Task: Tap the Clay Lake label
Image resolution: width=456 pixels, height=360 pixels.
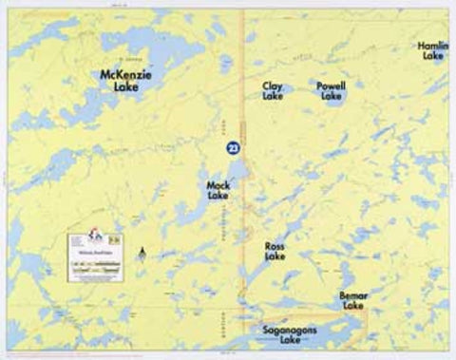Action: pyautogui.click(x=273, y=91)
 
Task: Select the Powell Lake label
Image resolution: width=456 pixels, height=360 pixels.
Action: pyautogui.click(x=332, y=91)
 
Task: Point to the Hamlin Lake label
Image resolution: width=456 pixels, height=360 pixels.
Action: pyautogui.click(x=432, y=50)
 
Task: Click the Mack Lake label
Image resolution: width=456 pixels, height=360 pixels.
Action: pyautogui.click(x=218, y=190)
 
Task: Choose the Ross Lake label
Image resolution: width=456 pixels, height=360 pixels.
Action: pyautogui.click(x=275, y=251)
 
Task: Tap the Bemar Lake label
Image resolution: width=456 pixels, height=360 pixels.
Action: pyautogui.click(x=352, y=301)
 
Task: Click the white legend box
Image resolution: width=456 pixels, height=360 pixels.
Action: pyautogui.click(x=94, y=255)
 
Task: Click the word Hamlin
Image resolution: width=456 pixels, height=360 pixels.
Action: pyautogui.click(x=432, y=45)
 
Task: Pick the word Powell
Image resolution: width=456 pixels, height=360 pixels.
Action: pyautogui.click(x=332, y=85)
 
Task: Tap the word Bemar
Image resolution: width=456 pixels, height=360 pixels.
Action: pyautogui.click(x=352, y=295)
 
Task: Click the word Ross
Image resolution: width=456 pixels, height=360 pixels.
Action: pyautogui.click(x=275, y=245)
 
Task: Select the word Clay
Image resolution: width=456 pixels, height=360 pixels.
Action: pyautogui.click(x=273, y=85)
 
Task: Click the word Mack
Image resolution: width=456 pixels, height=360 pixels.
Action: pyautogui.click(x=218, y=184)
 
